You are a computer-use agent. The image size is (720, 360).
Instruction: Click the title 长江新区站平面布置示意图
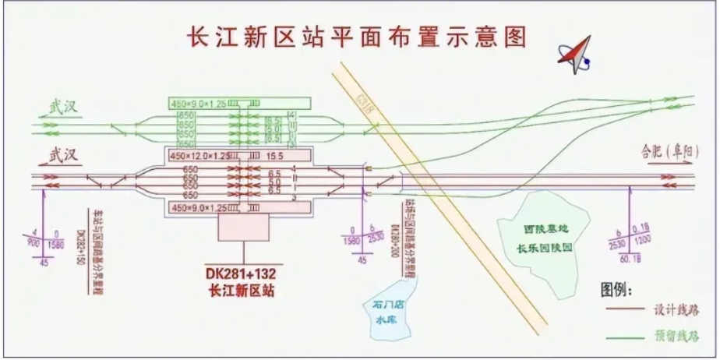tap(354, 36)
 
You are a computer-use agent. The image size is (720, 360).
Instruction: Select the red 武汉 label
tap(65, 155)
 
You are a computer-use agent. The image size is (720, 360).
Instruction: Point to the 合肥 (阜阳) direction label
tap(666, 151)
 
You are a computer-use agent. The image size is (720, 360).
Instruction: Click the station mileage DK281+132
tap(242, 274)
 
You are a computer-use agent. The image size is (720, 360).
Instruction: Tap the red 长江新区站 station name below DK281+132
tap(242, 291)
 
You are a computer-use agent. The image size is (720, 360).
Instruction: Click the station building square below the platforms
tap(243, 228)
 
